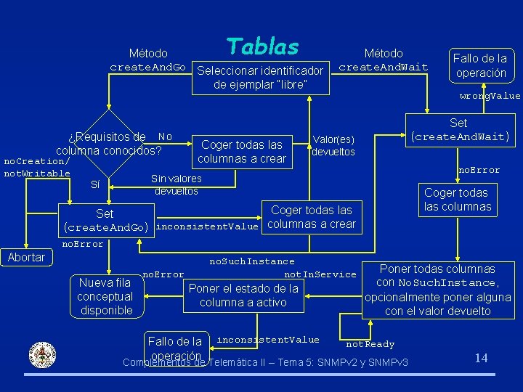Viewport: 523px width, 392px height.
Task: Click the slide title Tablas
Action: tap(262, 46)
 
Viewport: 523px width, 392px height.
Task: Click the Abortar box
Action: tap(26, 257)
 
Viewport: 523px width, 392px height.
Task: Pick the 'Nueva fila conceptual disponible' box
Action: tap(105, 296)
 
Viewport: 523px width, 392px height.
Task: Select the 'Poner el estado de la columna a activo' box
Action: tap(243, 295)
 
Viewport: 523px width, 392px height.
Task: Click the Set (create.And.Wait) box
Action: tap(458, 130)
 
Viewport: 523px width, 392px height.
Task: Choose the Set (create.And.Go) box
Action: tap(106, 221)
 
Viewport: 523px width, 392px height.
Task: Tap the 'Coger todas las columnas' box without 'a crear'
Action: tap(458, 200)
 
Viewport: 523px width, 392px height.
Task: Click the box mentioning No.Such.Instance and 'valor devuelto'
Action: tap(438, 290)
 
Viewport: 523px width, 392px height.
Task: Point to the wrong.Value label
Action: tap(490, 96)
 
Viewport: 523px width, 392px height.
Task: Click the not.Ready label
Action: tap(370, 344)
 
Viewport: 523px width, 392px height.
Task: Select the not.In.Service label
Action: tap(320, 274)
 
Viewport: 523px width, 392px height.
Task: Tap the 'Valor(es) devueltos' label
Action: tap(333, 146)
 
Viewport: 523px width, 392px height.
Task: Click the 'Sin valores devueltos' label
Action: tap(177, 185)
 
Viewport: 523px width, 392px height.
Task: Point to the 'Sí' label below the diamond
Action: tap(95, 184)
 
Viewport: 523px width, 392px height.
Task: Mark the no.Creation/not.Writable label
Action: tap(36, 167)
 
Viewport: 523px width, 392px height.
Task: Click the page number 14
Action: tap(481, 357)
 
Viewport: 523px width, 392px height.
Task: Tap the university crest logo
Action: tap(41, 355)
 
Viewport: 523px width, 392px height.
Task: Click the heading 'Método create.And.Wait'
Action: tap(384, 60)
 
